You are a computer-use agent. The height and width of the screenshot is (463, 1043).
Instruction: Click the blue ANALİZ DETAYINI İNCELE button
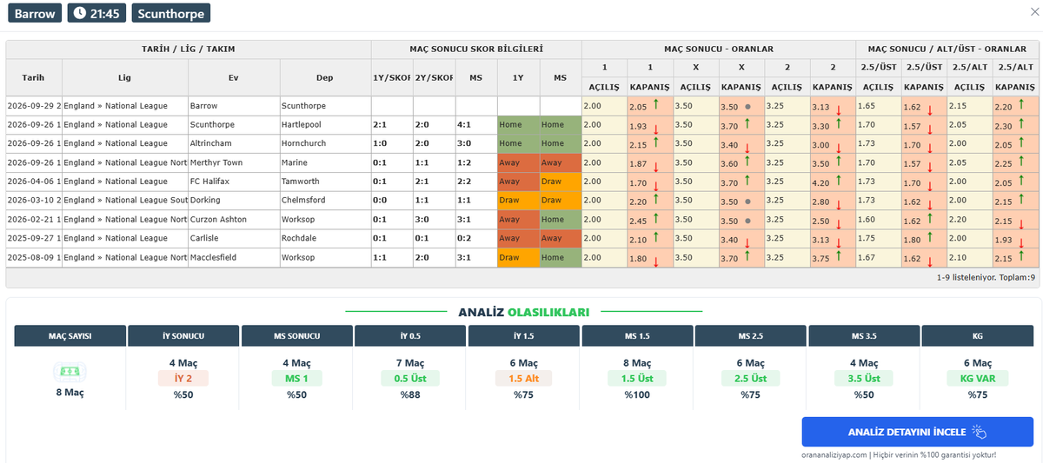coord(917,432)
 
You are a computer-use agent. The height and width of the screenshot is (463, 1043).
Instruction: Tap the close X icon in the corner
coord(1034,12)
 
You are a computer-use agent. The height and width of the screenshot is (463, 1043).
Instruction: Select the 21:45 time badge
coord(96,13)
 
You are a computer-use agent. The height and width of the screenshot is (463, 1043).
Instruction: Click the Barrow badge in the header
coord(35,13)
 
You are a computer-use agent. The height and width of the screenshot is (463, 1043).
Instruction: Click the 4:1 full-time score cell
coord(464,125)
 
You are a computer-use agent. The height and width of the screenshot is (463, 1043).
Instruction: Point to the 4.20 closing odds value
coord(820,183)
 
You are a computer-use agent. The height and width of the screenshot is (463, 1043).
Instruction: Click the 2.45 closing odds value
coord(638,221)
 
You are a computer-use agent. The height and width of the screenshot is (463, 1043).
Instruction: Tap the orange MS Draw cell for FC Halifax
coord(561,182)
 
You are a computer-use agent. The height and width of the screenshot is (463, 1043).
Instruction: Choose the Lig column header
coord(124,77)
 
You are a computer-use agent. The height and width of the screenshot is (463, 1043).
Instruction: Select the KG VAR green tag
coord(977,379)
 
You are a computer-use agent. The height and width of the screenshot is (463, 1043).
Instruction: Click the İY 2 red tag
coord(183,379)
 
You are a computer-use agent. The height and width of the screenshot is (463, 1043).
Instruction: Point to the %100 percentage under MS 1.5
coord(637,394)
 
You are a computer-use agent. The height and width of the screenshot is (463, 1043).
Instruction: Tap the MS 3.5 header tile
coord(864,335)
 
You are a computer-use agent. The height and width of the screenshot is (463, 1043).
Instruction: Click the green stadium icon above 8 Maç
coord(70,371)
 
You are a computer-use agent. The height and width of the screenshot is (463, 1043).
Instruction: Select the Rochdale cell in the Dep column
coord(298,238)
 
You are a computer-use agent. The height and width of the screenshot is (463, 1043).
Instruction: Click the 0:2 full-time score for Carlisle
coord(464,238)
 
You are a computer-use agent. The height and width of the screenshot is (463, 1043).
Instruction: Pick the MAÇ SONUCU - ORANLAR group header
coord(719,49)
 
